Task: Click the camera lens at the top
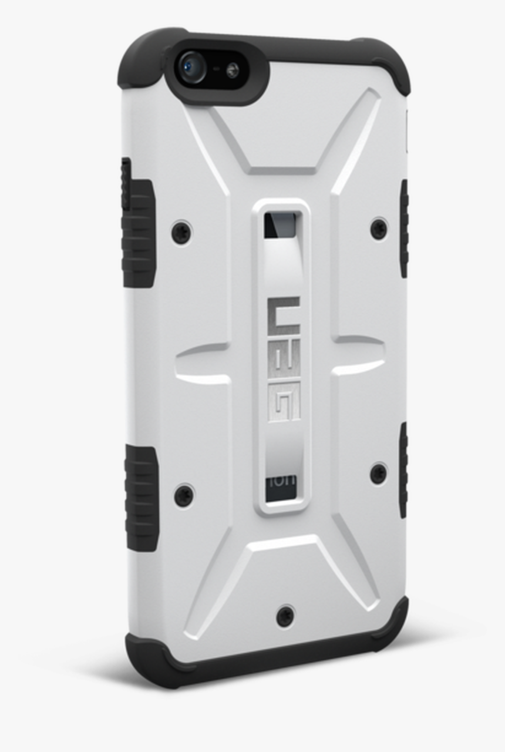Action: [193, 68]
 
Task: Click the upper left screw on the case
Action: [181, 233]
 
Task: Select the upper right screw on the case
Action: [379, 228]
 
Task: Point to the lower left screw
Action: [184, 495]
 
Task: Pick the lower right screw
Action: [379, 473]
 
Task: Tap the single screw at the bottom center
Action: [285, 615]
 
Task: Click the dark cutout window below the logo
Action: [281, 488]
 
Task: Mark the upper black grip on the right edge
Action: [404, 229]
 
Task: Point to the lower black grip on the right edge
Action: [403, 470]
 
